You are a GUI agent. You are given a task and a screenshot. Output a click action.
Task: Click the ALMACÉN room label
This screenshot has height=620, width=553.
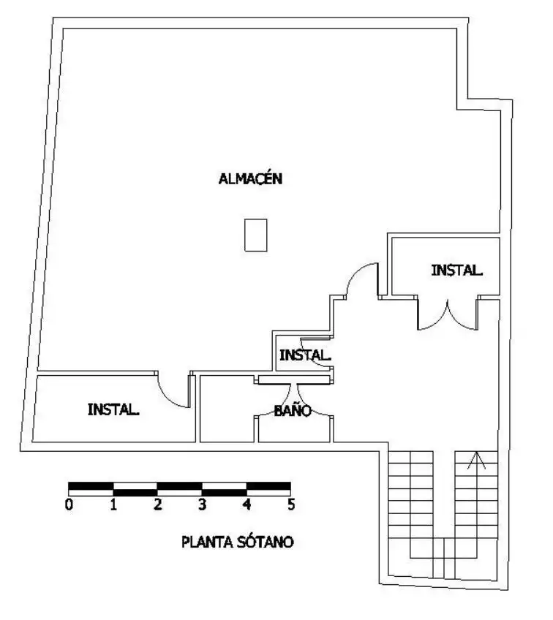[250, 178]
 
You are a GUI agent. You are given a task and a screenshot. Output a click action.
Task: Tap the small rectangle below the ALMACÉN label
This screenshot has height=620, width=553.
[256, 235]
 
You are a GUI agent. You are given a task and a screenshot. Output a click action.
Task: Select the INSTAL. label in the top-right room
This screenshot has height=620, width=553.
[457, 270]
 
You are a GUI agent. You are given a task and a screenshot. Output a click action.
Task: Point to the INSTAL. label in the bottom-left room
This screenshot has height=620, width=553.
[113, 409]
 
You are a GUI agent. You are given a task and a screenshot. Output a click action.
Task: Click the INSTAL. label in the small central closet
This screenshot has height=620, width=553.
[305, 355]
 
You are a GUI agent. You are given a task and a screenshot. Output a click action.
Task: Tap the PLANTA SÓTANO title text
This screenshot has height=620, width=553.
[237, 541]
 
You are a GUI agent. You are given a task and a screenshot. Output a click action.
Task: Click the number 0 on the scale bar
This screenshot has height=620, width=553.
[69, 504]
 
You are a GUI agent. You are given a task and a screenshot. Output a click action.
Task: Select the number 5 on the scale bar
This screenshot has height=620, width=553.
[292, 504]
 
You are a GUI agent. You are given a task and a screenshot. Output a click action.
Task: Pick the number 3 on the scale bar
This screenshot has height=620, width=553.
[203, 504]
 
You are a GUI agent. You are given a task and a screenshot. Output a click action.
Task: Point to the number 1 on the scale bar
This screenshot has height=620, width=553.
[113, 504]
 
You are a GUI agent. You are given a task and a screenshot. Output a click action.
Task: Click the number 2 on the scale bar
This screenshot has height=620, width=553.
[158, 504]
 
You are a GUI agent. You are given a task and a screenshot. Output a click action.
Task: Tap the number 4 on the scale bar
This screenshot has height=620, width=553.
[247, 504]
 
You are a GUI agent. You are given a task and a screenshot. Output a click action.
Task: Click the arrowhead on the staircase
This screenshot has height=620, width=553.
[477, 459]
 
